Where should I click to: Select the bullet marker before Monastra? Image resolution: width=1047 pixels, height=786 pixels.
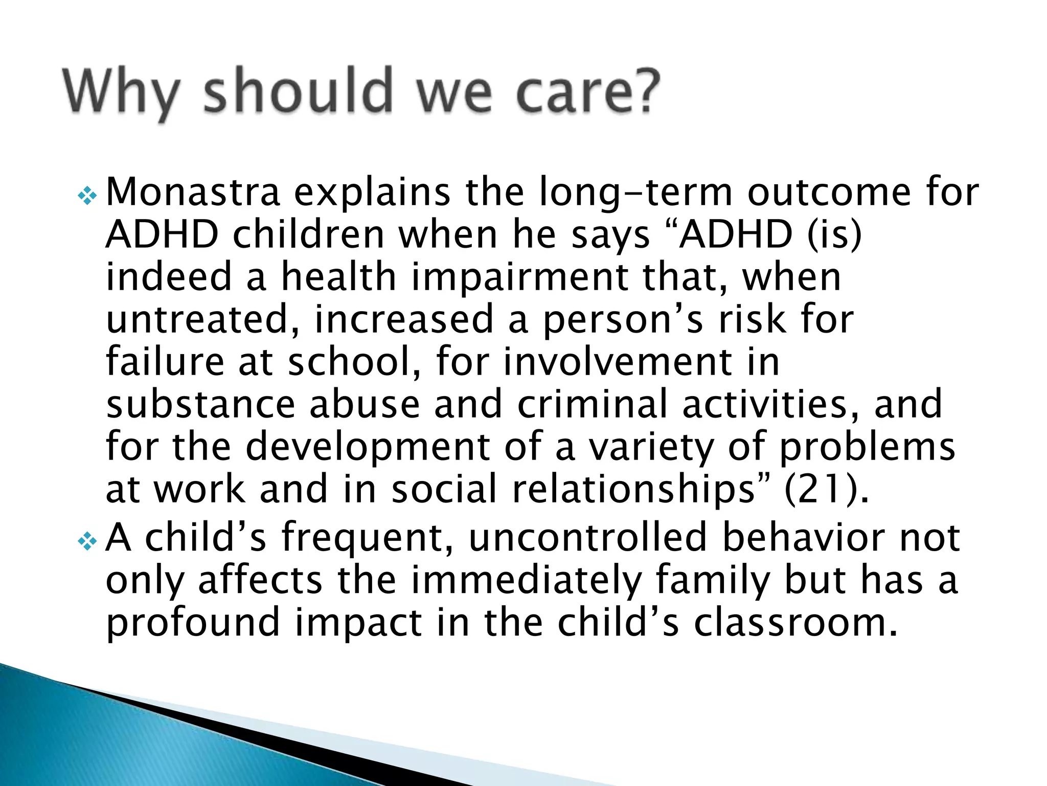[87, 195]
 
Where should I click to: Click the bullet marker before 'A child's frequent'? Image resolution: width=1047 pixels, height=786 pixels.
[87, 541]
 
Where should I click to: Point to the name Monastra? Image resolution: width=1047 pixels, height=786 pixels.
[193, 191]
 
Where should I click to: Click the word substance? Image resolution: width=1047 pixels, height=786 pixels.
[200, 404]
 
